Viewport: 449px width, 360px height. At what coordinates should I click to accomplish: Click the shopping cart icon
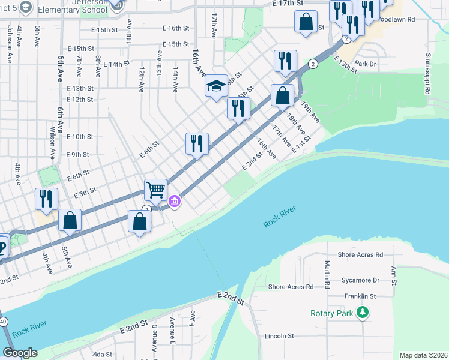tap(155, 190)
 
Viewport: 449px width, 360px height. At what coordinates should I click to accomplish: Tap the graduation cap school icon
tap(216, 86)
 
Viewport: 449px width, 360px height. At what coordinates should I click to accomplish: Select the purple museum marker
tap(174, 201)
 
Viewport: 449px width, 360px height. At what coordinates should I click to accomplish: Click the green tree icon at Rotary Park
tap(362, 313)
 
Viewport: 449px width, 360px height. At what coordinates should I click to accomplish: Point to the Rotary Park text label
tap(332, 313)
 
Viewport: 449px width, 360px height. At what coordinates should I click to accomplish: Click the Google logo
tap(20, 353)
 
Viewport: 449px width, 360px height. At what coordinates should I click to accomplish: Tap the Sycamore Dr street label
tap(358, 280)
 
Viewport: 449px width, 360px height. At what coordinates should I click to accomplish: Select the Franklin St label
tap(360, 296)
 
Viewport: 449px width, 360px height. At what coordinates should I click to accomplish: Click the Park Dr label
tap(365, 63)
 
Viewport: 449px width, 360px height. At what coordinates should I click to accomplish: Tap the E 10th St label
tap(80, 137)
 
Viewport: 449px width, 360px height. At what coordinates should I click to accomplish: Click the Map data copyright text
tap(423, 355)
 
